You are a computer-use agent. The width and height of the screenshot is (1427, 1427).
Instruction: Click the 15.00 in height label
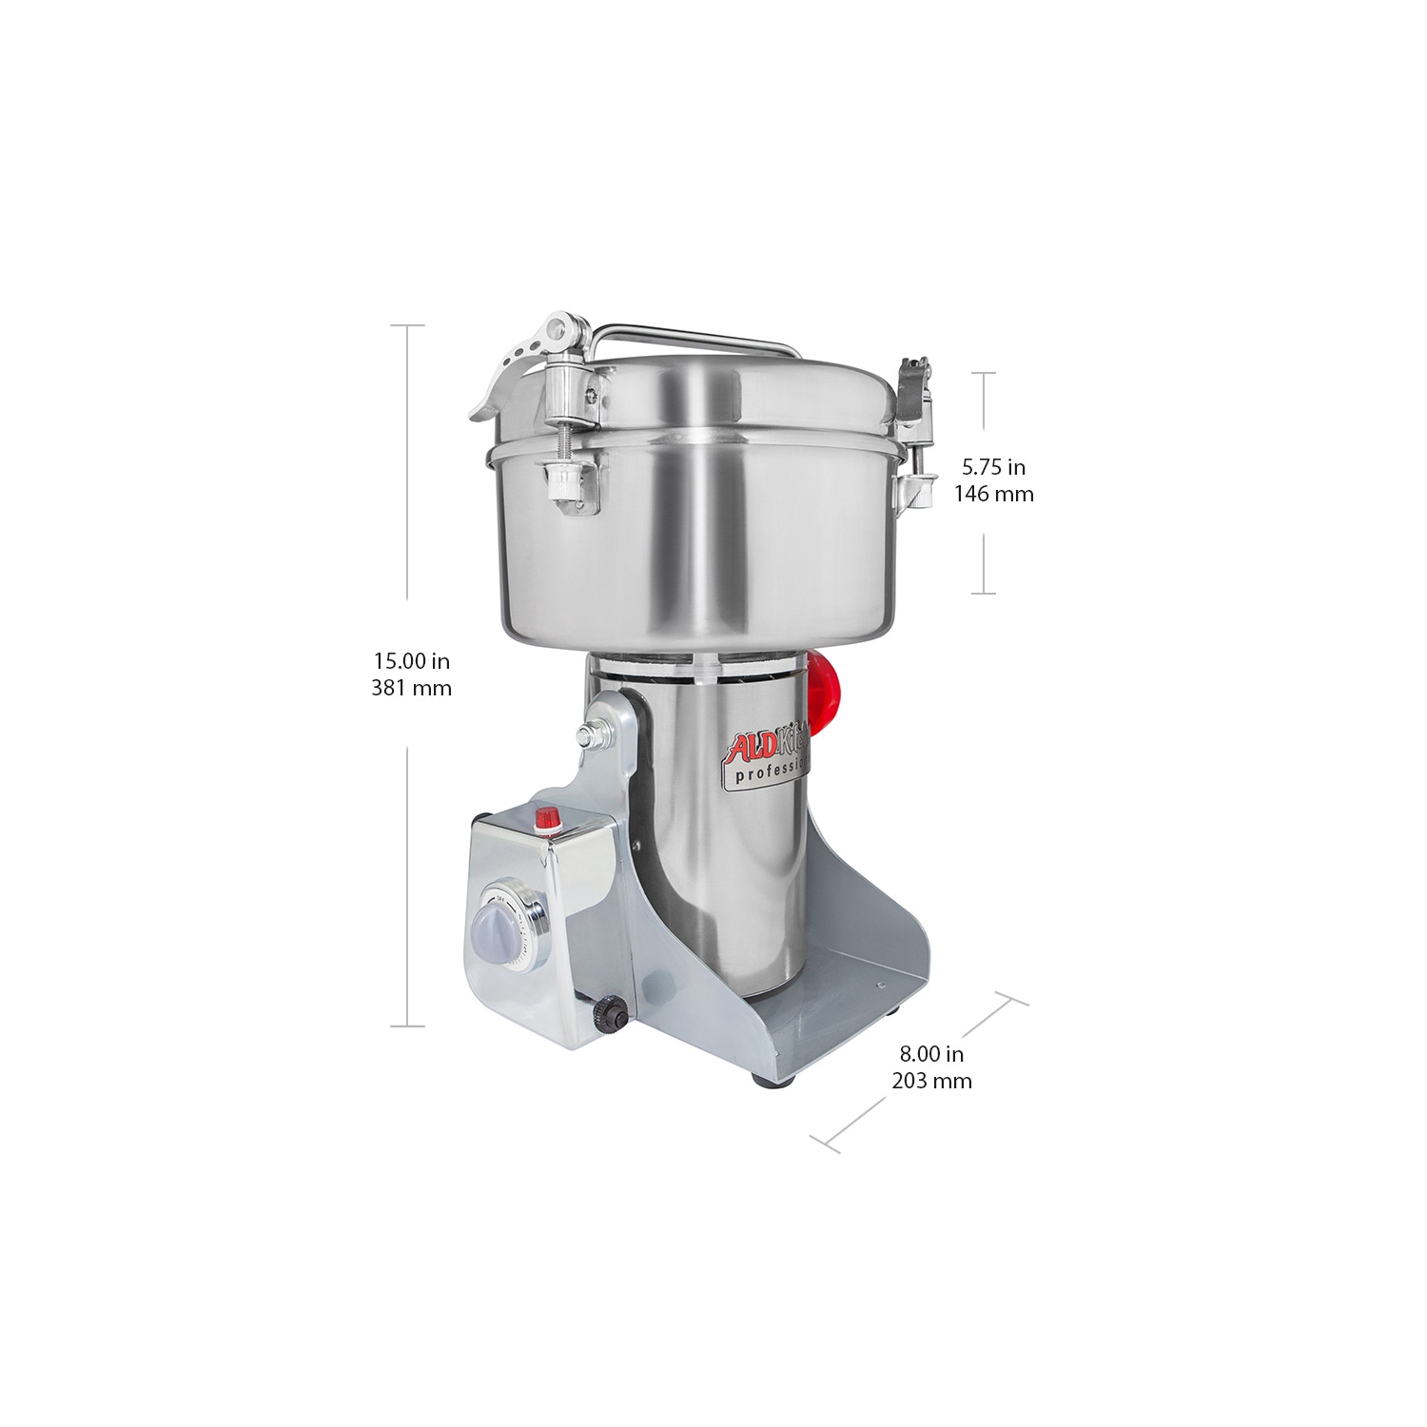(411, 660)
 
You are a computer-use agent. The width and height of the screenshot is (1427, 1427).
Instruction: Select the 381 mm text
(411, 687)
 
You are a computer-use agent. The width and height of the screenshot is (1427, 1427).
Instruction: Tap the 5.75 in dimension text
(993, 467)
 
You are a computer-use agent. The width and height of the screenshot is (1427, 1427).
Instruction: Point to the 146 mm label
(993, 494)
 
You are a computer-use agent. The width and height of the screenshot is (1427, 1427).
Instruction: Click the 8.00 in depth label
(931, 1053)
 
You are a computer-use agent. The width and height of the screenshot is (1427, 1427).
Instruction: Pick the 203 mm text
(931, 1081)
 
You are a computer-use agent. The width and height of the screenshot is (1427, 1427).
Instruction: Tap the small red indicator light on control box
(547, 817)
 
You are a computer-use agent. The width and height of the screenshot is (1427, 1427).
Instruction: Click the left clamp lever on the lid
(514, 366)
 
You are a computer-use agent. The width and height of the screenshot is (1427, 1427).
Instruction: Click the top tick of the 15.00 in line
(408, 325)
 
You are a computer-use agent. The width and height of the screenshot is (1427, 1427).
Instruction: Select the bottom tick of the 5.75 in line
(983, 594)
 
